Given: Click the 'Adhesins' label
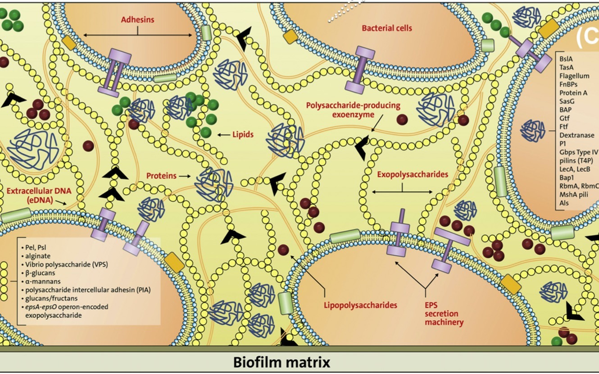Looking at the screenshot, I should tap(137, 20).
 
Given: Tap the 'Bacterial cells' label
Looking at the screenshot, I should tap(387, 28).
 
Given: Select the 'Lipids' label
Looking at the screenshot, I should tap(243, 134).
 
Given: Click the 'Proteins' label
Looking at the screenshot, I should tap(161, 176).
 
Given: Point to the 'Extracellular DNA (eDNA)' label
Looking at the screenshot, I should tap(36, 195).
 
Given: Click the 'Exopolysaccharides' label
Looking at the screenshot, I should tap(413, 174).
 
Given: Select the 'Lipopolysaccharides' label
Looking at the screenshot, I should tap(360, 305).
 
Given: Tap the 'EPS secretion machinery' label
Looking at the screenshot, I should tap(444, 314).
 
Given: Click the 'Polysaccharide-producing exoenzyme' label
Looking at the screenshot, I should tap(353, 110).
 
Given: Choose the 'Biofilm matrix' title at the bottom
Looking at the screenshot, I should tap(281, 362).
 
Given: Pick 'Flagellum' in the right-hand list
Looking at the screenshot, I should tap(574, 76).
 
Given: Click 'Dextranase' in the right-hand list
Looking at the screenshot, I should tap(576, 135).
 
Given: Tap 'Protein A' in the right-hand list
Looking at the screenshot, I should tap(573, 93).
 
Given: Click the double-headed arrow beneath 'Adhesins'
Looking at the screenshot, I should tap(137, 35).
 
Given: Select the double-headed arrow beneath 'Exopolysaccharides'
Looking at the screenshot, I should tap(402, 192).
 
